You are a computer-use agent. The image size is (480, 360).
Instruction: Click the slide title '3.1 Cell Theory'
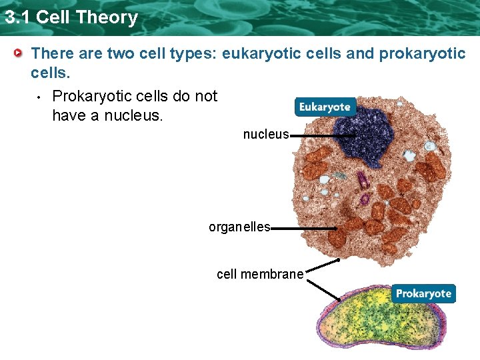(71, 17)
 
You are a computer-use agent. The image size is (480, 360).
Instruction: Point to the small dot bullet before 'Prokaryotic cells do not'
(39, 97)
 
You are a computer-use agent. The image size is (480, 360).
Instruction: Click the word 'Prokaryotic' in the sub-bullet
(93, 96)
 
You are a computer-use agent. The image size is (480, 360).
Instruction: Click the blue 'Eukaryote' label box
(325, 107)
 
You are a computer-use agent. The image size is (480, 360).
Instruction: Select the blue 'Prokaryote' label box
(423, 293)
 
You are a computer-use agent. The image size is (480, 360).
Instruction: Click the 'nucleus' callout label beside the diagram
(265, 135)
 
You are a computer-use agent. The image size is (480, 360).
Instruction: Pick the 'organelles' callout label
(239, 227)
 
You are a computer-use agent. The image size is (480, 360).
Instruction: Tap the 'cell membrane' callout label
(260, 274)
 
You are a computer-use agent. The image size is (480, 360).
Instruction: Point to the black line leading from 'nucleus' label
(317, 135)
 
